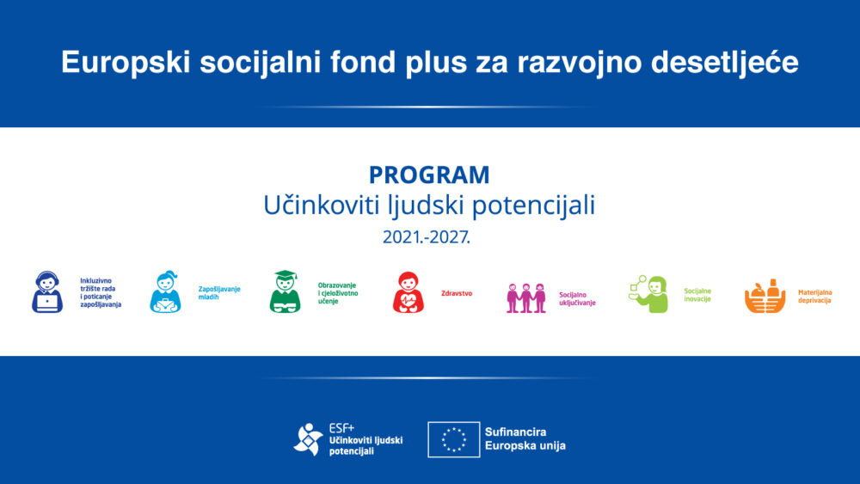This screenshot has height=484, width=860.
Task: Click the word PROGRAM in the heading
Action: click(x=429, y=175)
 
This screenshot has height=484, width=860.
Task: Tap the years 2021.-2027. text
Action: click(x=427, y=237)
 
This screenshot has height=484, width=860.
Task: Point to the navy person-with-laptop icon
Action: click(x=46, y=292)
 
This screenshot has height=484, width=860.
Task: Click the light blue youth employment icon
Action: click(x=165, y=292)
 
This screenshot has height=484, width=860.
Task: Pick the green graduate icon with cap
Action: click(x=285, y=292)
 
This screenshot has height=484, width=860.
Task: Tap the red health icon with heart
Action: click(x=408, y=292)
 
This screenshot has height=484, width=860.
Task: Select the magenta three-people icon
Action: click(x=525, y=297)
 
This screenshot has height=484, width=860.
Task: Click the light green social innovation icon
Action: click(x=648, y=294)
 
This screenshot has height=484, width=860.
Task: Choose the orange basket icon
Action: click(x=765, y=297)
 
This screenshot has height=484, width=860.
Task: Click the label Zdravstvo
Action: click(x=456, y=293)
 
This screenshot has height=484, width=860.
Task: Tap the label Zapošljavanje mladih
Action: click(x=219, y=293)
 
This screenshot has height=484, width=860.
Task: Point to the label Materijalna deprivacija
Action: click(x=814, y=297)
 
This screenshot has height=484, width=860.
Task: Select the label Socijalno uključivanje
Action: click(x=577, y=298)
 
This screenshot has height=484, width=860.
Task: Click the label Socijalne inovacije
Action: click(x=697, y=295)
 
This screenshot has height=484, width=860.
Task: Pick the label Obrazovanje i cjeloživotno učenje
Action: click(x=337, y=293)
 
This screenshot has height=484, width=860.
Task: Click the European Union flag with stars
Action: click(x=453, y=439)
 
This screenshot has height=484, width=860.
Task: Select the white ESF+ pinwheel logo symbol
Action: click(x=309, y=439)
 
